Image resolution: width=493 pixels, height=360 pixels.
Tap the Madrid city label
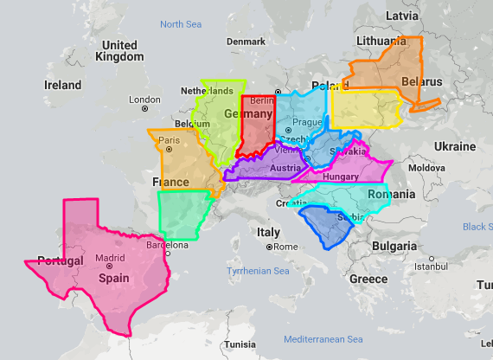(x=110, y=258)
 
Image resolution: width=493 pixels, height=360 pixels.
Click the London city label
(x=144, y=100)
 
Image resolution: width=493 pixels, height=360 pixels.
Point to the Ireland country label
(x=62, y=85)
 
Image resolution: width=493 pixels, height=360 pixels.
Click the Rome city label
(x=286, y=247)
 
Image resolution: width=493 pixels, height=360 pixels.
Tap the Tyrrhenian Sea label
(x=257, y=272)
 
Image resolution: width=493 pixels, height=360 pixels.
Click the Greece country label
(x=368, y=279)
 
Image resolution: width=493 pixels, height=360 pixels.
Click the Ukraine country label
(x=454, y=145)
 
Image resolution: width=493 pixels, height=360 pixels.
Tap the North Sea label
(x=180, y=24)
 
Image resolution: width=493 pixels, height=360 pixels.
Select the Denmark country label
(x=246, y=42)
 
